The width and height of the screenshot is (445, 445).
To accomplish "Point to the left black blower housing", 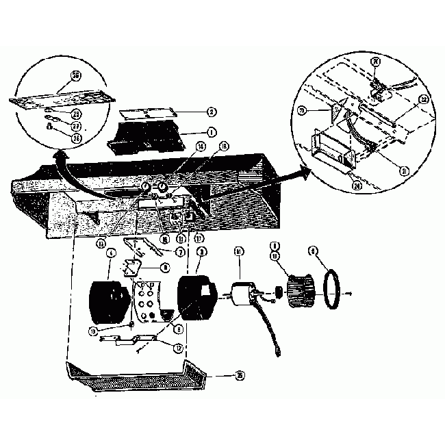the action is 110,301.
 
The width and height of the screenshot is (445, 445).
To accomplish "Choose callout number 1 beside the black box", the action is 212,130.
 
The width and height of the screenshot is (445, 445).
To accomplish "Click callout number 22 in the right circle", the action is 424,99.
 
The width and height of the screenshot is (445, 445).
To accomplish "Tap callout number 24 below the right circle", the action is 355,183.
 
